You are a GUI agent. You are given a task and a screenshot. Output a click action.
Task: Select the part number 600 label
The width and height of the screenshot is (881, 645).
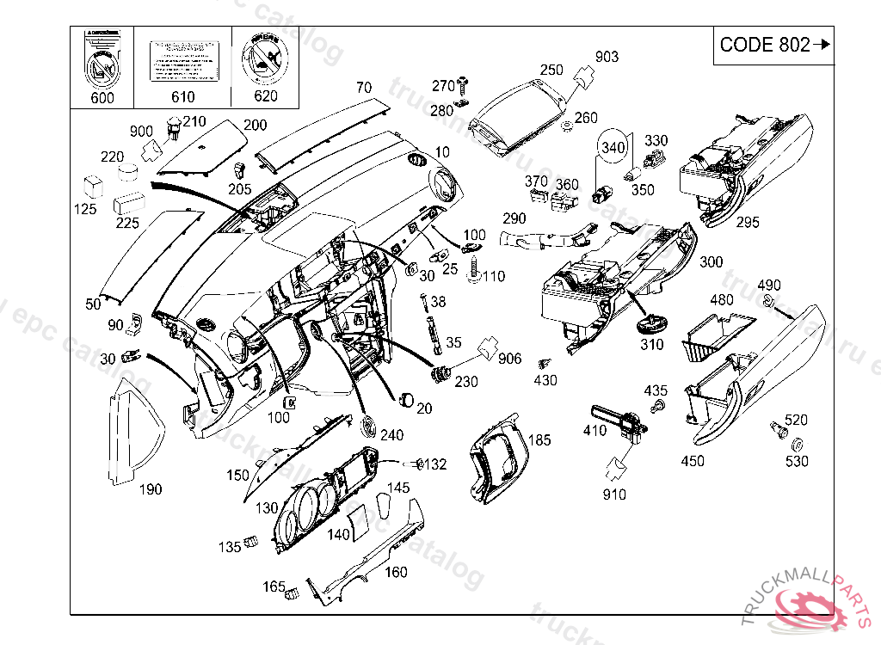pyautogui.click(x=102, y=98)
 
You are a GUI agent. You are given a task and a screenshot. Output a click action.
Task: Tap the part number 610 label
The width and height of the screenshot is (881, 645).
pyautogui.click(x=183, y=97)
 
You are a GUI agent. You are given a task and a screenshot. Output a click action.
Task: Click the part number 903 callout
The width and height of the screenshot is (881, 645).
pyautogui.click(x=607, y=57)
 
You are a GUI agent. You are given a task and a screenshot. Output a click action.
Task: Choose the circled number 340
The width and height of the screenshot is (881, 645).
pyautogui.click(x=613, y=148)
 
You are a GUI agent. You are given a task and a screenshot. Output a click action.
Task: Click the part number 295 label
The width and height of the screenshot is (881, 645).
pyautogui.click(x=748, y=221)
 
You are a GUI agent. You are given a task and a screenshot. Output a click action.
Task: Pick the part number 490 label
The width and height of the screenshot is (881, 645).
pyautogui.click(x=768, y=286)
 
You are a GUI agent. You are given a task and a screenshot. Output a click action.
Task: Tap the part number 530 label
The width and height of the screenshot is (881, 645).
pyautogui.click(x=798, y=462)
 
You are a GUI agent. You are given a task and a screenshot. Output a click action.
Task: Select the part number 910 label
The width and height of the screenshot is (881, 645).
pyautogui.click(x=614, y=494)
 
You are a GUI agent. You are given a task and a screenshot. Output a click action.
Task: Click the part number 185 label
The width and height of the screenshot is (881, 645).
pyautogui.click(x=539, y=440)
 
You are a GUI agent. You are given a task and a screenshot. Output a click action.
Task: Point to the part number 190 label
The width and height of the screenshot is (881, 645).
pyautogui.click(x=150, y=489)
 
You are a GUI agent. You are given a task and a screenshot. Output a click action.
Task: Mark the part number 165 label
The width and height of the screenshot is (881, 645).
pyautogui.click(x=274, y=587)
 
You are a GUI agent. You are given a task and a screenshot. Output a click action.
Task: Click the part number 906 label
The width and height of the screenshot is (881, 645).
pyautogui.click(x=510, y=359)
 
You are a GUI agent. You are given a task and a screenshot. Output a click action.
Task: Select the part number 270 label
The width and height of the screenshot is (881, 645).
pyautogui.click(x=442, y=86)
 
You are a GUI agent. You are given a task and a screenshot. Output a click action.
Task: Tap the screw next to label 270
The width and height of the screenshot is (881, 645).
pyautogui.click(x=464, y=84)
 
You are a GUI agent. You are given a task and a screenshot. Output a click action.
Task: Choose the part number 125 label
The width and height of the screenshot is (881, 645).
pyautogui.click(x=85, y=210)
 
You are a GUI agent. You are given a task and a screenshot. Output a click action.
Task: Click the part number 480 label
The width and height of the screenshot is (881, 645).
pyautogui.click(x=722, y=300)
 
